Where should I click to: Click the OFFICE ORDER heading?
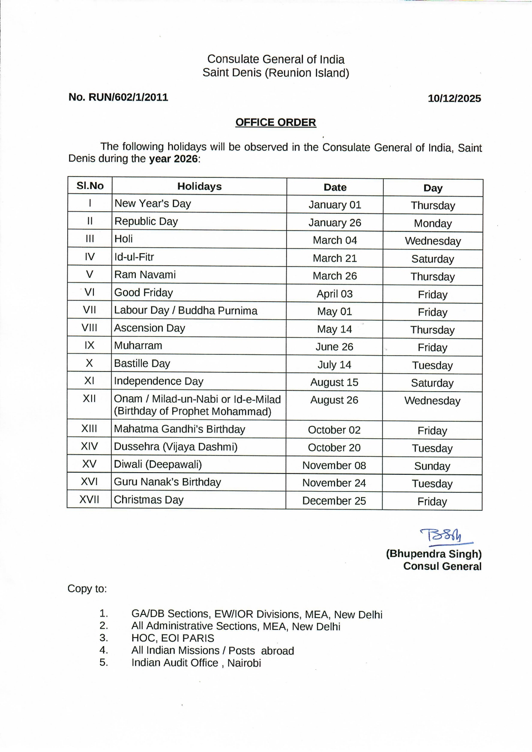click(x=275, y=123)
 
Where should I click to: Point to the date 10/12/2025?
click(x=454, y=99)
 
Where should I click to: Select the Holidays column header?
click(x=199, y=186)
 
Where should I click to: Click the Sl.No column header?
click(x=90, y=186)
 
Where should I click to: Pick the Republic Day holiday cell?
click(x=146, y=222)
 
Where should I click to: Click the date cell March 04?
click(x=335, y=240)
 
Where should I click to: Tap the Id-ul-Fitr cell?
click(x=134, y=257)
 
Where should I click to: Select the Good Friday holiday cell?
click(x=143, y=293)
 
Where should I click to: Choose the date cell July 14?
click(x=334, y=365)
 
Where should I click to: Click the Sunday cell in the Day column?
click(x=432, y=466)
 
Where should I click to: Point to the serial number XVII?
click(x=89, y=500)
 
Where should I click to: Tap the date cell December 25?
click(x=334, y=501)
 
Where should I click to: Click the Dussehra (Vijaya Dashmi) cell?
click(x=176, y=447)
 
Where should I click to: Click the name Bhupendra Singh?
click(x=433, y=554)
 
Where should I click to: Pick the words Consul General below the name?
click(x=442, y=566)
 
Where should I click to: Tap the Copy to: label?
click(x=87, y=589)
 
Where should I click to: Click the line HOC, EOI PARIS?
click(x=173, y=638)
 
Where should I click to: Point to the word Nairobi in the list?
click(x=244, y=663)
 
